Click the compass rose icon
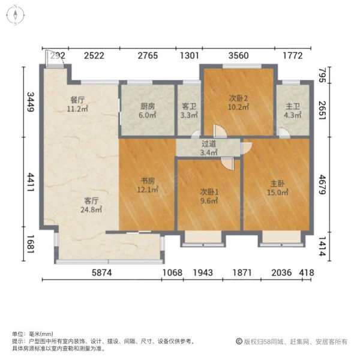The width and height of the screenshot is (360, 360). pos(15,15)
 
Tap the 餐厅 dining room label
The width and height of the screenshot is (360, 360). pos(77,100)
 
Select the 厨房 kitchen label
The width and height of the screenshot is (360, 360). pos(148,106)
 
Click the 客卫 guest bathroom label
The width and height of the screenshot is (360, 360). pos(189,106)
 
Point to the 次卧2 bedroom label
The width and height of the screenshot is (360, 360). pos(239,98)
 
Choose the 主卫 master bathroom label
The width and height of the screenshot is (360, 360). pos(293,106)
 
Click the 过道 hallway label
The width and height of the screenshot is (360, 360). pos(209,144)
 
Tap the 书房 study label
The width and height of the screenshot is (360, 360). pos(148,181)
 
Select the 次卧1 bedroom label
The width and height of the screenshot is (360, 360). pos(209,192)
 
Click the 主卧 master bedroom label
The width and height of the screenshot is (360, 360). pos(278,184)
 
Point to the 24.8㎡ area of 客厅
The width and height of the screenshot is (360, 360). pos(91,209)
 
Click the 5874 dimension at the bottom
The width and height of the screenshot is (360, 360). pos(102,272)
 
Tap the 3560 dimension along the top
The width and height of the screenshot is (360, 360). pos(239,56)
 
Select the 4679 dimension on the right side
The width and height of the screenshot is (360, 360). pos(323,185)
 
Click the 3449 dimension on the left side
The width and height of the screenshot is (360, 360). pos(31,102)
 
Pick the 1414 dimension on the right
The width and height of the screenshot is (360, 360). pos(323,247)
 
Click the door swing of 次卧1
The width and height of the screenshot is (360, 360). pos(228,164)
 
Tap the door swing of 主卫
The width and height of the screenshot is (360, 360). pos(284,133)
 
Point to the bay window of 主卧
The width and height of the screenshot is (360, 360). pos(282,239)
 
